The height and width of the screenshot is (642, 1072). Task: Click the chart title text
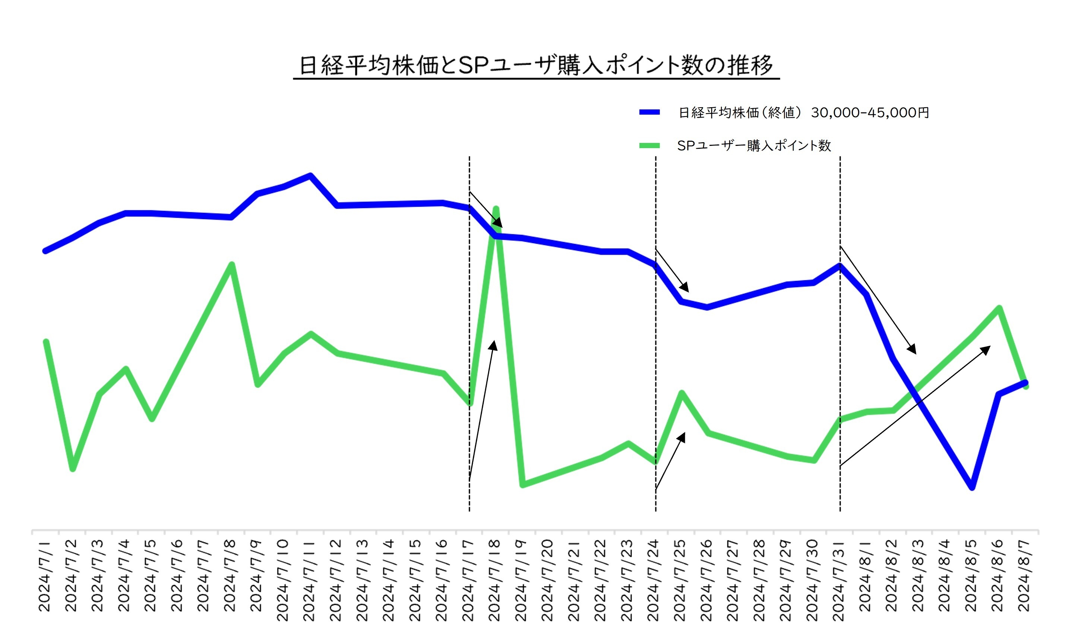coord(536,66)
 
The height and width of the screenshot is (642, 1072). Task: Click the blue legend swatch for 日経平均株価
coord(649,112)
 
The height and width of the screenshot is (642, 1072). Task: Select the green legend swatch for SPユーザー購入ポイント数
coord(649,146)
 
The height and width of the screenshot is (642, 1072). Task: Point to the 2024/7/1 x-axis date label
coord(45,575)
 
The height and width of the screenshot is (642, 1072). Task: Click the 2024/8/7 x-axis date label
coord(1024,575)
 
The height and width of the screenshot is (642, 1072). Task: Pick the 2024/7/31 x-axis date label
coord(838,580)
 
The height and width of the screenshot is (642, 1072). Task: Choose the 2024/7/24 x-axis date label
coord(653,580)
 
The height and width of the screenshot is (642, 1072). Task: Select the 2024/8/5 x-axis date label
coord(971,575)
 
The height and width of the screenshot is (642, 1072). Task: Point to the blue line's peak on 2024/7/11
coord(310,176)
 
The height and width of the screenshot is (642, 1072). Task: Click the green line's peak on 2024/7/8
coord(232,264)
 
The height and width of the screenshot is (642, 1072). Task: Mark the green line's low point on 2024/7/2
coord(73,469)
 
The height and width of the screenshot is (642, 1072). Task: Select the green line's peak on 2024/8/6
coord(999,308)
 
